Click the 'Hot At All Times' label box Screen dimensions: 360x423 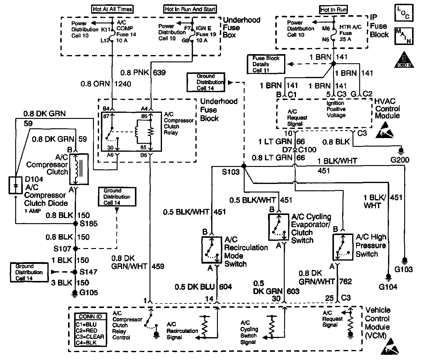(x=112, y=9)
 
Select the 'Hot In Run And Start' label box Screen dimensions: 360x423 (x=190, y=9)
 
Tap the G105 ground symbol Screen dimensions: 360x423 (x=75, y=293)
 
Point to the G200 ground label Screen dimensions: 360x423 (x=401, y=160)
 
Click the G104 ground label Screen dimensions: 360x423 (x=388, y=287)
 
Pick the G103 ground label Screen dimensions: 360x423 (x=404, y=269)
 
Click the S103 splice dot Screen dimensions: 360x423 (x=244, y=166)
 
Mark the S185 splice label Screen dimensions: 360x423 (x=89, y=224)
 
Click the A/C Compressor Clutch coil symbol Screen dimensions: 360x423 (x=79, y=169)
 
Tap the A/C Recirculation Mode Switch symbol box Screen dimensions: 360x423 (x=212, y=249)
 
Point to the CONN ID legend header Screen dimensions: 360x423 (x=91, y=317)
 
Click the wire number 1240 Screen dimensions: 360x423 (x=123, y=84)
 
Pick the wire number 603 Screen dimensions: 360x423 (x=293, y=291)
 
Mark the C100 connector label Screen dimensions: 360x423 (x=308, y=149)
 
